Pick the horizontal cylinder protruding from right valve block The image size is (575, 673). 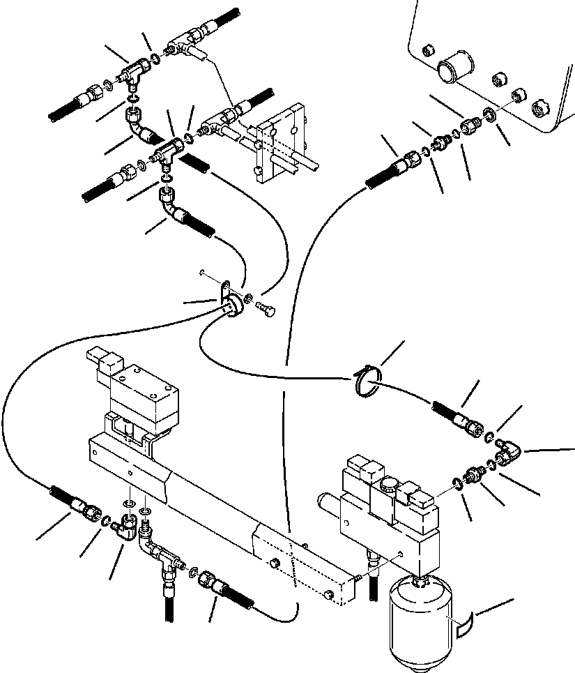pos(334,502)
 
